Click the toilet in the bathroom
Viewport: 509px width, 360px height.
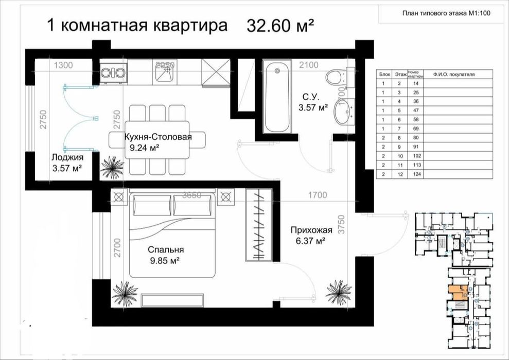click(x=336, y=77)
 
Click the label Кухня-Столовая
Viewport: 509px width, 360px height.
click(x=157, y=137)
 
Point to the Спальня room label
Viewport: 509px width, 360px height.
click(x=166, y=249)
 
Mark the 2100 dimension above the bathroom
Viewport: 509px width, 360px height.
click(x=309, y=65)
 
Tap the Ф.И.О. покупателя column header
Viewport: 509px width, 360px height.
click(x=453, y=75)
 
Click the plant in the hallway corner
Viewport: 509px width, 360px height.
click(x=338, y=292)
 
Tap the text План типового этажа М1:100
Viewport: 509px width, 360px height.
click(x=446, y=14)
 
